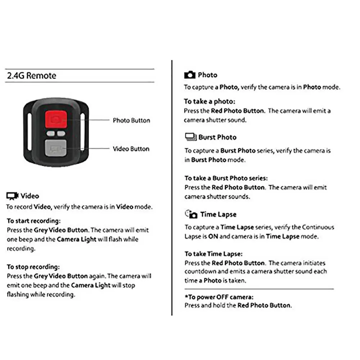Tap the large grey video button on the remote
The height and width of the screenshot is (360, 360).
[x=56, y=148]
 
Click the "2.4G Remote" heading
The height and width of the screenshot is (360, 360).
[x=32, y=76]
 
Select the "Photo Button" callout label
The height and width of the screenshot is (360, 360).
[x=131, y=120]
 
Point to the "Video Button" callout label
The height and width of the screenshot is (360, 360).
[x=131, y=149]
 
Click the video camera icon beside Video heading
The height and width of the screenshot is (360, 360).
[x=13, y=196]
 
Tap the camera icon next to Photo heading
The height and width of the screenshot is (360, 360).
[x=190, y=75]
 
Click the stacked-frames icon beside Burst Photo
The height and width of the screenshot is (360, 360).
[x=190, y=137]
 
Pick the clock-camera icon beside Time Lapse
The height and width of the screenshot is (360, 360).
[x=191, y=214]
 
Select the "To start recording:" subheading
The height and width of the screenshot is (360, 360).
[x=34, y=221]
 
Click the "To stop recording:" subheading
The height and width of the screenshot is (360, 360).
[x=33, y=267]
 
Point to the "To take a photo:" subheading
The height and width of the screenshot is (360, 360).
[x=210, y=102]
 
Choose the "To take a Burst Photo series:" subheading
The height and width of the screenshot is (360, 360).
[x=226, y=178]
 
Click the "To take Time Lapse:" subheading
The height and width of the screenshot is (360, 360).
[x=213, y=254]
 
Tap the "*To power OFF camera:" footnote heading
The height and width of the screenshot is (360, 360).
[x=219, y=297]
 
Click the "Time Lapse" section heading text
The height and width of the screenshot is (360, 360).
[x=218, y=215]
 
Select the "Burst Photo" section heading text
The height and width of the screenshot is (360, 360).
[x=217, y=137]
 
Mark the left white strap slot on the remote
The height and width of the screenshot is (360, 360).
[x=30, y=133]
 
